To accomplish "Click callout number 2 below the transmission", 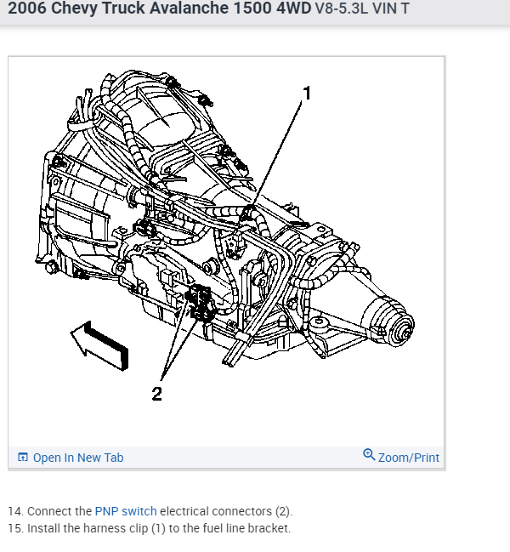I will [x=156, y=393].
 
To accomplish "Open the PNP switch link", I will [x=126, y=511].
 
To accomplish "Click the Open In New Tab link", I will [x=77, y=458].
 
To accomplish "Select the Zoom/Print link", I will [x=408, y=458].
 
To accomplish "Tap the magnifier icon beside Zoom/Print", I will [x=369, y=455].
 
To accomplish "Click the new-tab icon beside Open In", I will [x=23, y=458].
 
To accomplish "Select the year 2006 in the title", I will [x=26, y=13].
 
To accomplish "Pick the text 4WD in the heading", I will [x=285, y=13].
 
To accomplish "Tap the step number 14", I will [x=15, y=511].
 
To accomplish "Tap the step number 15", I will [x=15, y=528].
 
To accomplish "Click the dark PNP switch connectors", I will [x=201, y=304].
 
